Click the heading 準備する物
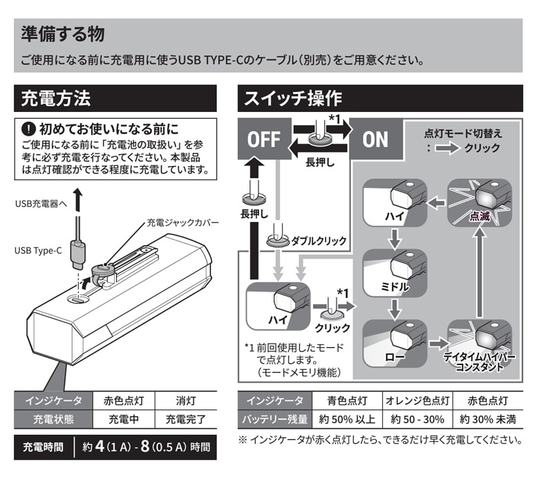pos(63,33)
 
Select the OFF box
pos(263,139)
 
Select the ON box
pos(375,139)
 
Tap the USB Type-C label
pos(38,250)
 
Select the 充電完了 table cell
pos(181,419)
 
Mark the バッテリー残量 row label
pos(275,419)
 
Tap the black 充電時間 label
pos(43,446)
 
